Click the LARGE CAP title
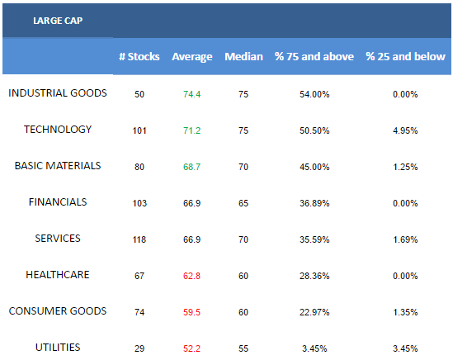point(58,21)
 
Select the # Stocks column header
point(139,56)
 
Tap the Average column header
point(192,57)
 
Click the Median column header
point(244,56)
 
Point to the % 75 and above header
point(314,56)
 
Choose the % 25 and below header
point(405,56)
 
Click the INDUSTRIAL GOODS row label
point(58,93)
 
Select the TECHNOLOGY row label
point(58,130)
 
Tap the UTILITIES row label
point(58,348)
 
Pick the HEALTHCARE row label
point(58,275)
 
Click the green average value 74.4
point(191,94)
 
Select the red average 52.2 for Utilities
point(191,348)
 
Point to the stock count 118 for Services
point(139,239)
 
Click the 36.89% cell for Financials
point(314,203)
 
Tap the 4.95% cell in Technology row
point(405,130)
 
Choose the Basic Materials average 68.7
point(191,167)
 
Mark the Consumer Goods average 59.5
point(191,312)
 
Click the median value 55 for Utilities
point(243,348)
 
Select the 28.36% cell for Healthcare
point(314,276)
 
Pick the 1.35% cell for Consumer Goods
point(405,312)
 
